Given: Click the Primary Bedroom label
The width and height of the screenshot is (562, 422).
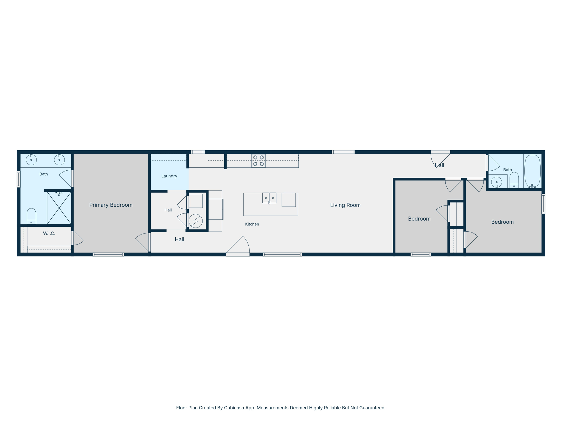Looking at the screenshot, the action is (x=111, y=205).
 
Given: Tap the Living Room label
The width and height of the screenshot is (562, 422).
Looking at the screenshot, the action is (x=345, y=205).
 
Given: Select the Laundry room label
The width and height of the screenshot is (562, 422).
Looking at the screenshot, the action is (x=169, y=176).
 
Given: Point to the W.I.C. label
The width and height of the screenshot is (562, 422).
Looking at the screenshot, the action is (x=49, y=233).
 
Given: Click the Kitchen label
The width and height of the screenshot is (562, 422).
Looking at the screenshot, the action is (x=252, y=224).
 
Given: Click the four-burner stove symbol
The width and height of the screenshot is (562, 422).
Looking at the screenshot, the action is (x=258, y=161).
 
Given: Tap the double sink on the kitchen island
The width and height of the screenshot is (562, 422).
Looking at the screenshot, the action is (x=269, y=198).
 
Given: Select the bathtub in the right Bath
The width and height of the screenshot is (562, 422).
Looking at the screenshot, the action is (x=532, y=171).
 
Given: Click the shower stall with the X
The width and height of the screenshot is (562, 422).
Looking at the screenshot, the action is (x=59, y=208).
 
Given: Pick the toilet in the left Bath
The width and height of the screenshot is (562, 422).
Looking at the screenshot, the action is (x=31, y=216).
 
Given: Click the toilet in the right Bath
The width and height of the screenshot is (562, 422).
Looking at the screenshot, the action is (x=514, y=180).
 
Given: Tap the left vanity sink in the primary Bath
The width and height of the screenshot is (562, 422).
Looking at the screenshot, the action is (x=31, y=160).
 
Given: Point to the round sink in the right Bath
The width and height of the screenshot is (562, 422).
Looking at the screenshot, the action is (x=496, y=182).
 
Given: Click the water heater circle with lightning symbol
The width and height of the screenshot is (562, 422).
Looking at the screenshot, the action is (x=196, y=221).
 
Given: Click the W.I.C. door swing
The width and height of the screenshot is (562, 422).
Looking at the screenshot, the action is (x=78, y=238).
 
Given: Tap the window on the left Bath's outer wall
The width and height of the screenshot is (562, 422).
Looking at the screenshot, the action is (x=19, y=179).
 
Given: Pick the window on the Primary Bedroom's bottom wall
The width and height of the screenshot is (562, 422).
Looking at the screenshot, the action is (x=108, y=254).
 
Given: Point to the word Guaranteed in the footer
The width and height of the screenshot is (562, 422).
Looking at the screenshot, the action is (x=372, y=408).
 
